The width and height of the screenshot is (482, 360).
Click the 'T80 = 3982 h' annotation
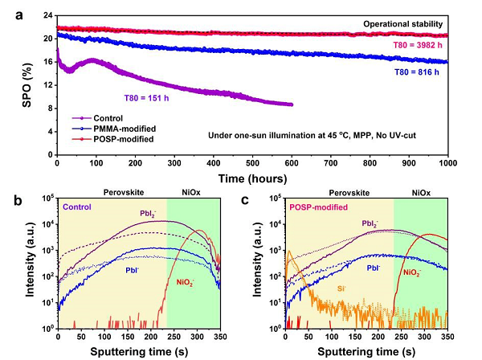[419, 46]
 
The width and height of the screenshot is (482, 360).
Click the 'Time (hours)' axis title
[250, 177]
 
